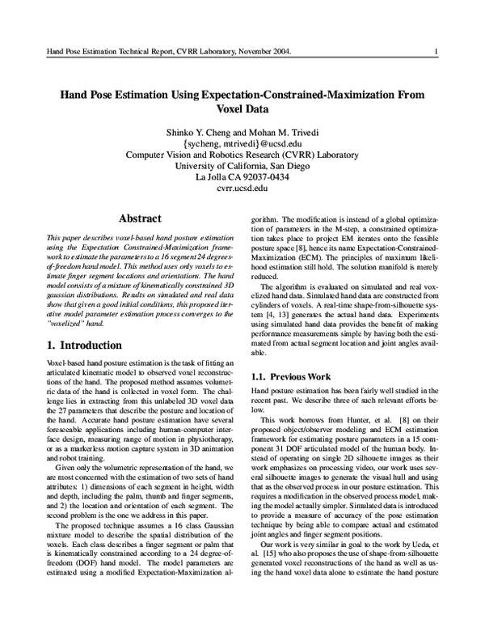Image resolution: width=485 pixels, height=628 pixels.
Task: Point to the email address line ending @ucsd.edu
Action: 242,144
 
